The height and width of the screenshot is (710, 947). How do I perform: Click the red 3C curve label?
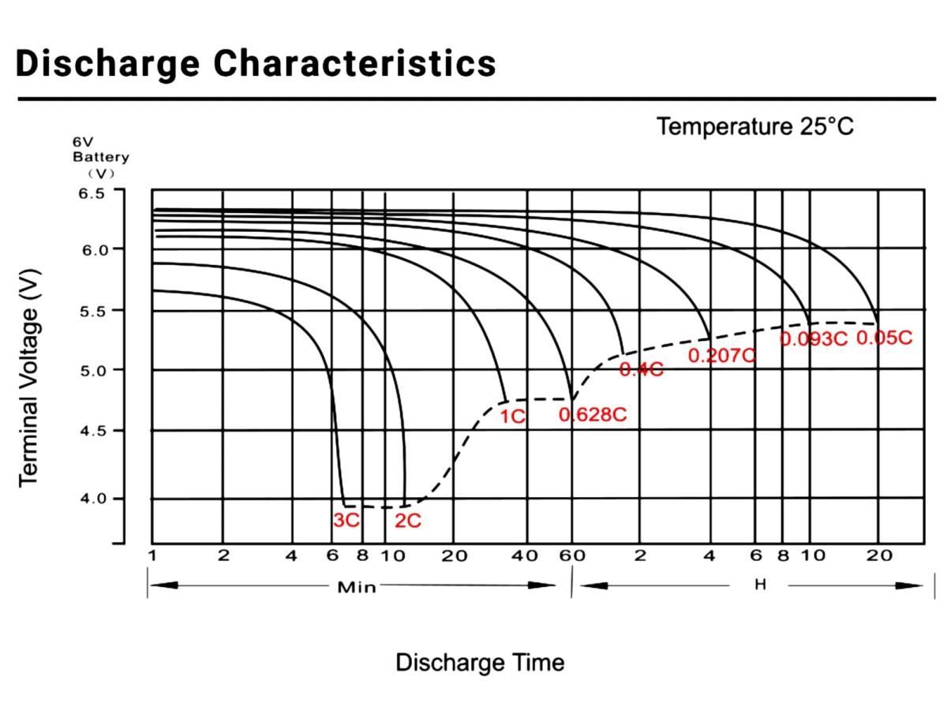click(346, 521)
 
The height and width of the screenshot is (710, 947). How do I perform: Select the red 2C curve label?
click(408, 521)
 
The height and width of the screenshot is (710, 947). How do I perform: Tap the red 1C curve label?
click(512, 416)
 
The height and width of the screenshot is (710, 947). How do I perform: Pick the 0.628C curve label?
click(593, 414)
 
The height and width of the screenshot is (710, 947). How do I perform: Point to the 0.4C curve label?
click(641, 369)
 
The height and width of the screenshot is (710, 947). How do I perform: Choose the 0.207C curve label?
click(721, 356)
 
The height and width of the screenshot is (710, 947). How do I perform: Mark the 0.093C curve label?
click(813, 339)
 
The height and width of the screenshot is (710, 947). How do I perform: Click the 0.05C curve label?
click(884, 338)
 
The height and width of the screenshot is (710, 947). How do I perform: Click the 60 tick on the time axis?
click(572, 555)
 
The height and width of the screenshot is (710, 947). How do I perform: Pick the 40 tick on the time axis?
click(525, 555)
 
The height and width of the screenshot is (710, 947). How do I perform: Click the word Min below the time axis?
click(357, 587)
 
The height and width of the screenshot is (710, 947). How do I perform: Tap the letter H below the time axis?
click(760, 585)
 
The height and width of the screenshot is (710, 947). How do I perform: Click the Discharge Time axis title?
click(480, 662)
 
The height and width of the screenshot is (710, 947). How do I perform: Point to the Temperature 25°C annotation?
click(755, 126)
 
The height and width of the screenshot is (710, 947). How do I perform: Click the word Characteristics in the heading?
click(355, 63)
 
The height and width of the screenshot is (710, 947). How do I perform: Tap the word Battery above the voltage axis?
click(101, 157)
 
